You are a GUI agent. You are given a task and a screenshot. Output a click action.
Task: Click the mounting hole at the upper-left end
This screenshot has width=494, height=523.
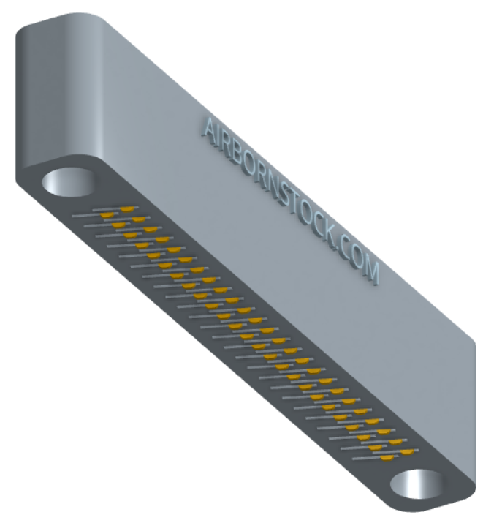pyautogui.click(x=69, y=182)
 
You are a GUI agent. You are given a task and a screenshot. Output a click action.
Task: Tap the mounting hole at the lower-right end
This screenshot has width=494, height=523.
pyautogui.click(x=417, y=484)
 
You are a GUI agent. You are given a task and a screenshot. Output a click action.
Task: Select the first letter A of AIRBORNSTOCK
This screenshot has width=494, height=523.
pyautogui.click(x=209, y=130)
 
